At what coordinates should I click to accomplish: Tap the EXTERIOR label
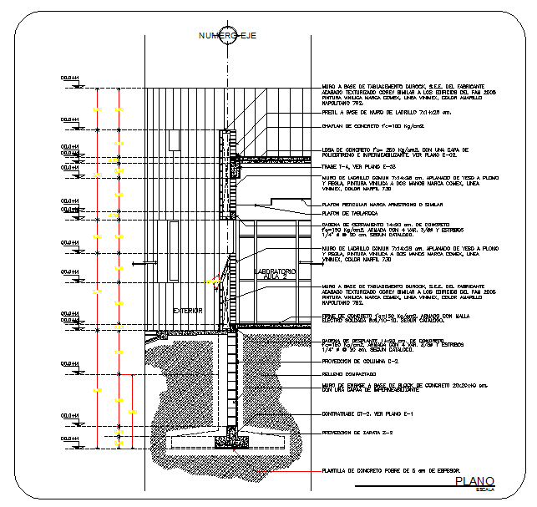pos(188,311)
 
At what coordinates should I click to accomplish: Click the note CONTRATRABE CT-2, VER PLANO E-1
pos(368,414)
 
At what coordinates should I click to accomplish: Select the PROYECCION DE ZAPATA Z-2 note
pos(360,433)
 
